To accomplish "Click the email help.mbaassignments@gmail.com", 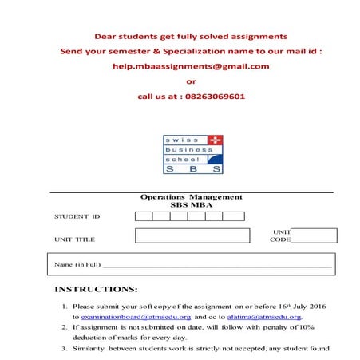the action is [x=191, y=66].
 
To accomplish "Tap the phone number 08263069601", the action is [x=209, y=96].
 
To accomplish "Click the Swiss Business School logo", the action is [x=192, y=154].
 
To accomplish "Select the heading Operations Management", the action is [x=191, y=196].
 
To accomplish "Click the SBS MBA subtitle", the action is [x=191, y=204].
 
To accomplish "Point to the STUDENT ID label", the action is [x=77, y=216].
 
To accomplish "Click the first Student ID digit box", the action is [x=144, y=216].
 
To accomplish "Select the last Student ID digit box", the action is [x=233, y=216].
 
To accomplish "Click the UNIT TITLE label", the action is [x=74, y=239].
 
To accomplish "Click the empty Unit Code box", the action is [x=314, y=235].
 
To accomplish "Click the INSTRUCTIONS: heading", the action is [x=96, y=289].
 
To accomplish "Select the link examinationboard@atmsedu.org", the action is [x=132, y=317].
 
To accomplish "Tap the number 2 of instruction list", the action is [x=65, y=327].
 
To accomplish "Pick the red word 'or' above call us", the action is [x=190, y=81].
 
